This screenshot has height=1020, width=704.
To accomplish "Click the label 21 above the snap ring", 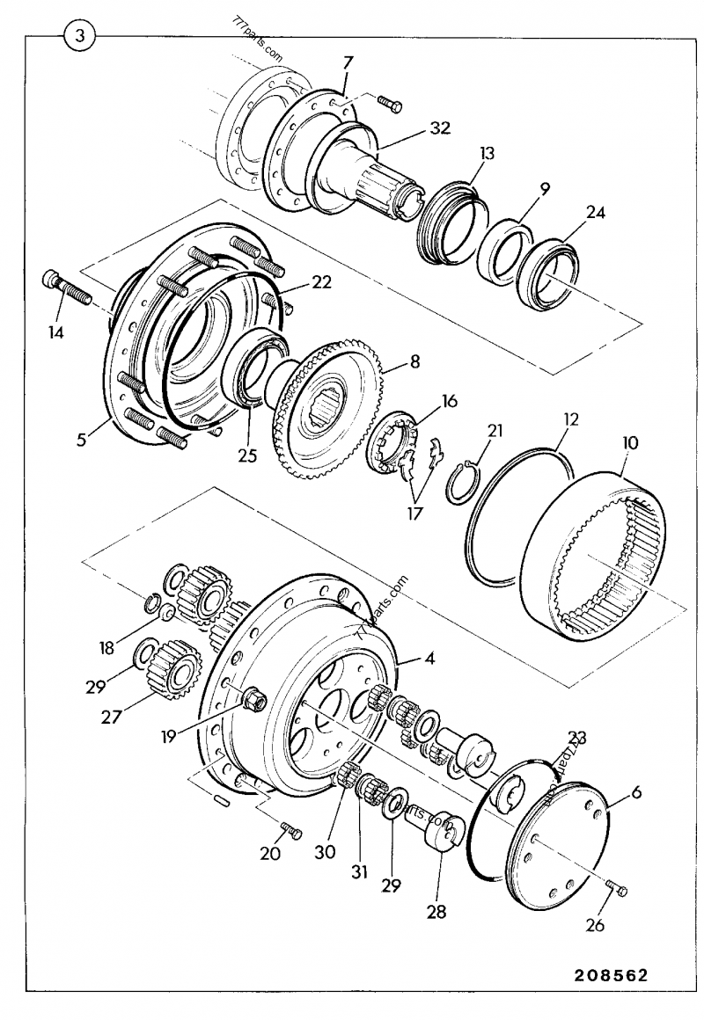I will coord(495,430).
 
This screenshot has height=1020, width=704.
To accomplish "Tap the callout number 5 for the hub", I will coord(81,437).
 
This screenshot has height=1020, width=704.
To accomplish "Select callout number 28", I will coord(437,913).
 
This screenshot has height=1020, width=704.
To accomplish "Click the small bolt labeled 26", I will coord(616,891).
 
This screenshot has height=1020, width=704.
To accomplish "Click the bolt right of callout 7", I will coord(390,105).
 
